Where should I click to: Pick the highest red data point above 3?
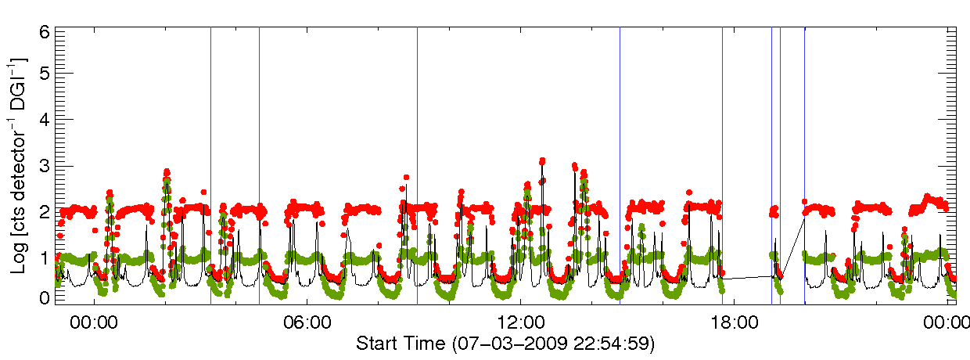(x=542, y=160)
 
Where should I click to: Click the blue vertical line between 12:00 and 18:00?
(x=620, y=157)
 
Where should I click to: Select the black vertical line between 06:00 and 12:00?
(x=417, y=157)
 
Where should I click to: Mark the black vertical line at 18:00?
(x=722, y=157)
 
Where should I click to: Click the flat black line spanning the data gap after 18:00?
(x=747, y=277)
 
